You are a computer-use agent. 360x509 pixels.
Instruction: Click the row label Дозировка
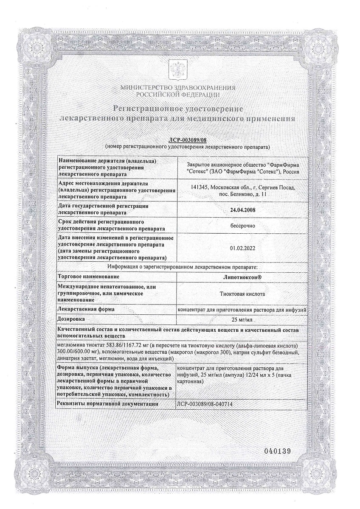(x=71, y=318)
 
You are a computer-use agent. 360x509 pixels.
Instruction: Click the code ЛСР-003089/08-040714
(x=205, y=404)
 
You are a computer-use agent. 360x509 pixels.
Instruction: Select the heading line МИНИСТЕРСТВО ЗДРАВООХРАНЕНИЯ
(x=178, y=87)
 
